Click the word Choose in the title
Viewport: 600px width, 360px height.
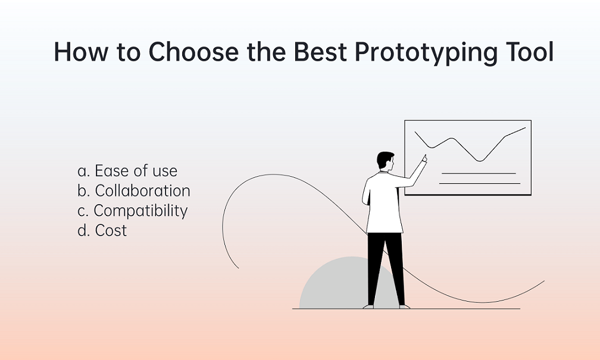point(193,52)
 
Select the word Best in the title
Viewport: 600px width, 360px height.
point(320,52)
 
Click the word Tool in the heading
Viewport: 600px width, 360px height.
point(530,52)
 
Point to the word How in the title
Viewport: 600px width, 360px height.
point(81,52)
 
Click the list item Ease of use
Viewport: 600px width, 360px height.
point(127,171)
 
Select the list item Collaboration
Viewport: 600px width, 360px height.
point(134,190)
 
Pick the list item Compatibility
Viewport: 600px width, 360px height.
point(132,211)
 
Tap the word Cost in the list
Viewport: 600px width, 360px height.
point(111,230)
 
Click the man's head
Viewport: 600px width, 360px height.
point(385,161)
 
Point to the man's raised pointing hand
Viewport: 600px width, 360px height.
point(424,158)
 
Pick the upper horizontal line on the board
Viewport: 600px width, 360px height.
point(479,173)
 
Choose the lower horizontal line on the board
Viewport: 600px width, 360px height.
point(480,184)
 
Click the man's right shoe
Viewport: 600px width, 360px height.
point(404,306)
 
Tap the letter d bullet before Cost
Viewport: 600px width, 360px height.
point(83,230)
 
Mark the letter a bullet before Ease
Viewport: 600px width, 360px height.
point(83,171)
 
